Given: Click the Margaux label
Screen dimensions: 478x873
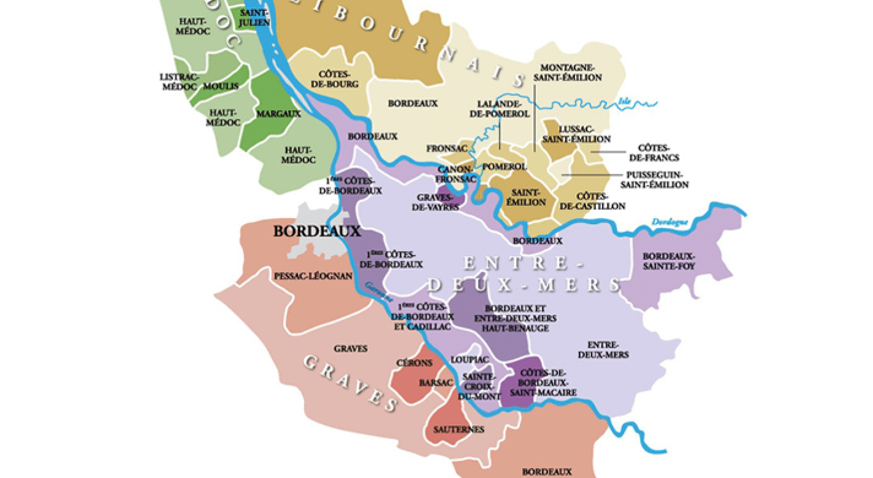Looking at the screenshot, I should click(278, 114).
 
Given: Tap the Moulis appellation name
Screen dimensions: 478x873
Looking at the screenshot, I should click(221, 87).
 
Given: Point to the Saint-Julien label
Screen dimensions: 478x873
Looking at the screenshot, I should click(254, 17).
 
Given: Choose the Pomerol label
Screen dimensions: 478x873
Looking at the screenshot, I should click(505, 167).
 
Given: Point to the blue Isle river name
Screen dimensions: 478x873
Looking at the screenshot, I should click(625, 102).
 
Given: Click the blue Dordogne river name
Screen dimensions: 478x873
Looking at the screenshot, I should click(669, 223).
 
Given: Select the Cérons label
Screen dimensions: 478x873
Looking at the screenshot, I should click(414, 363).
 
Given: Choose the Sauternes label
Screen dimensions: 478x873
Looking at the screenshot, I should click(458, 429).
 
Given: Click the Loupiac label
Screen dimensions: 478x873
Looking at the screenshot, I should click(469, 359).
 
